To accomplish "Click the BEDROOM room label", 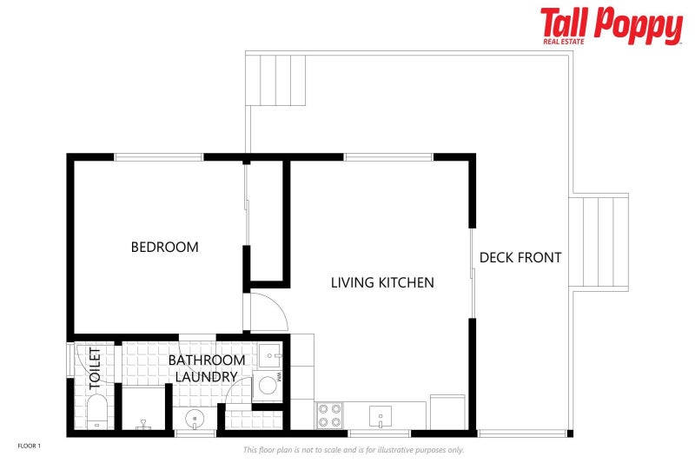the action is point(164,247).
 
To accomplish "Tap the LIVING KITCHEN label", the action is point(382,282).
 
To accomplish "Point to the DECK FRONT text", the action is point(520,257).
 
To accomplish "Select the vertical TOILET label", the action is point(95,368).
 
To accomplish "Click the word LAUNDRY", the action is point(206,377).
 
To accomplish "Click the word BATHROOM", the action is point(207,360).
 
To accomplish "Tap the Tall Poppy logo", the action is point(612,26).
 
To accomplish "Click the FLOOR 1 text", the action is point(30,446).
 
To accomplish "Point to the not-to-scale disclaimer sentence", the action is point(354,450).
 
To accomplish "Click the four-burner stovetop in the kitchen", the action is point(330,415).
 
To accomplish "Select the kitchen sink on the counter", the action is point(381,416).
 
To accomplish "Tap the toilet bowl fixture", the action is point(96,412).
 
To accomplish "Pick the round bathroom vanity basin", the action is point(195,418).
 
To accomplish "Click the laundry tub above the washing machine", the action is point(270,355).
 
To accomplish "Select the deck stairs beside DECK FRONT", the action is point(599,241).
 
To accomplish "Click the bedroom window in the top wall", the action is point(159,157).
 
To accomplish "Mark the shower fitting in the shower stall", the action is point(143,425).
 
